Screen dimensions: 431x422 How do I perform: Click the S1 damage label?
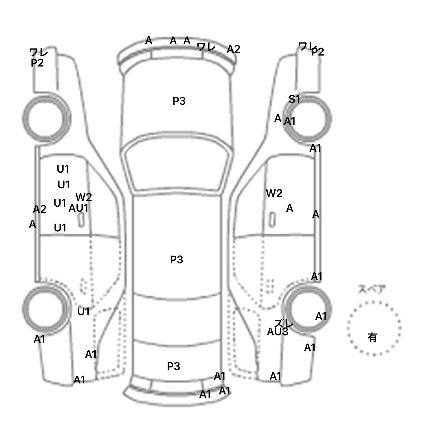pos(294,99)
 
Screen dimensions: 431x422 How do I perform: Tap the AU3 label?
pos(277,332)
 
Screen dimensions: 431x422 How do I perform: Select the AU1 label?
pos(79,208)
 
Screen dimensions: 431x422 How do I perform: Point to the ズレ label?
pos(284,324)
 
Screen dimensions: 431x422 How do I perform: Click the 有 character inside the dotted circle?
pos(373,337)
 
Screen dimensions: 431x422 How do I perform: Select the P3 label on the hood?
pos(179,101)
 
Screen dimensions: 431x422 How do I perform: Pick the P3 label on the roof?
pos(177,259)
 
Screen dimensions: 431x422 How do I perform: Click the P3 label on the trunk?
pos(174,366)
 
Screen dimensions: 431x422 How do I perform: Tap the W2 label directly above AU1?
pos(84,197)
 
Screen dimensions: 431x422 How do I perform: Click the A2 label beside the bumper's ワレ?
pos(234,49)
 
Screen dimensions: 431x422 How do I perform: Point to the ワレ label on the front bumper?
pos(206,47)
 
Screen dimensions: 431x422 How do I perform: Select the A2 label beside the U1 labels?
pos(40,209)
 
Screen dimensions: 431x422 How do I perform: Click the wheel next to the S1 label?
pos(308,119)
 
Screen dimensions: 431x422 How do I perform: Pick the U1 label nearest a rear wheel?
pos(84,312)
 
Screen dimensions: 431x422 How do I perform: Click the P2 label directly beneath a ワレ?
pos(37,63)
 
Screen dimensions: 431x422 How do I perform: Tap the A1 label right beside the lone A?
pos(290,121)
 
